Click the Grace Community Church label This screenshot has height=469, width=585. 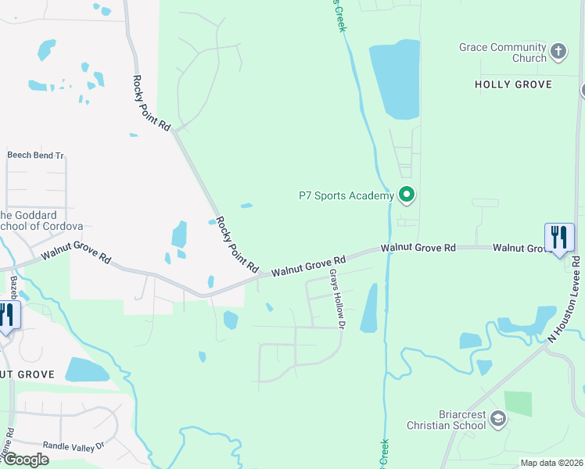click(503, 52)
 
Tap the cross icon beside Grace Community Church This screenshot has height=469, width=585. click(558, 52)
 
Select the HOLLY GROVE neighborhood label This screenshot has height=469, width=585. click(513, 84)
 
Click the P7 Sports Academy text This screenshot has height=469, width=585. click(345, 195)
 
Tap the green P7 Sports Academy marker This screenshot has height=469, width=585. click(406, 195)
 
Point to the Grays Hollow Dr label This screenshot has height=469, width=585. click(337, 299)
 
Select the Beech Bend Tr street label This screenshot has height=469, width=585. click(35, 156)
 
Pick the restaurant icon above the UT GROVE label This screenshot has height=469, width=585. click(6, 315)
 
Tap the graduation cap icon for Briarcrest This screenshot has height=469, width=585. click(497, 421)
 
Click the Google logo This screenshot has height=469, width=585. click(25, 460)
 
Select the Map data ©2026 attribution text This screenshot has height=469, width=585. click(551, 463)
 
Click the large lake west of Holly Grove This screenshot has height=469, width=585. click(394, 79)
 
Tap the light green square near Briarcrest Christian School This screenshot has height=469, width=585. click(518, 403)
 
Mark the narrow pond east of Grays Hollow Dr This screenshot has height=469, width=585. click(369, 308)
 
